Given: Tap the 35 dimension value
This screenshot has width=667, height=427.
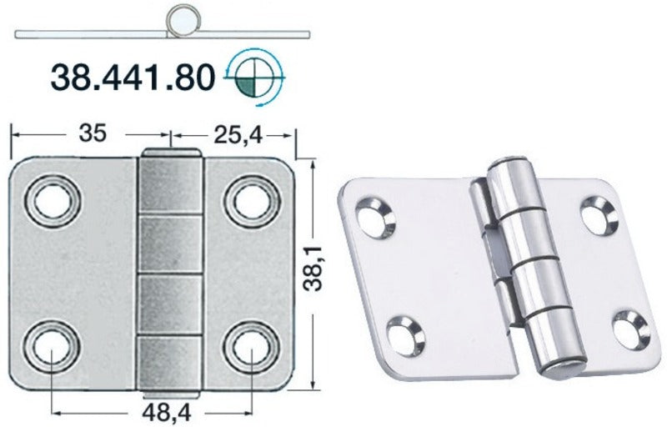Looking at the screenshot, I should pos(96,133).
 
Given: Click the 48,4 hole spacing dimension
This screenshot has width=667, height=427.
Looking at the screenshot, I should pos(153,411).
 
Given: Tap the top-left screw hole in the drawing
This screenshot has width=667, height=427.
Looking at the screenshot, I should pos(52,198).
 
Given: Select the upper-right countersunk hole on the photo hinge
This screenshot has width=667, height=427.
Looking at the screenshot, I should pos(598,215).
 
